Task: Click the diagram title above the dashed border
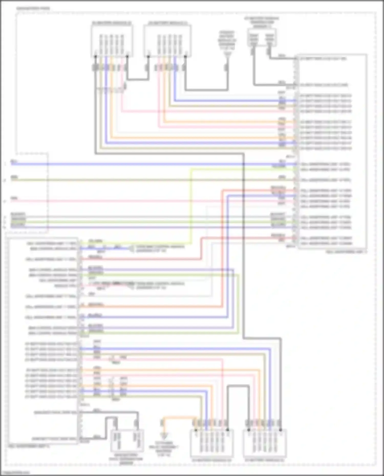click(x=33, y=8)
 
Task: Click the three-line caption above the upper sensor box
click(x=261, y=22)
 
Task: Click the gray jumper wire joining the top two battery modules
click(x=138, y=79)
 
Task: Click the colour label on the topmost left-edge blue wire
click(x=14, y=161)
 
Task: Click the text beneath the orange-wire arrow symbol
click(x=164, y=449)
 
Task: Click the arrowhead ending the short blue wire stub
click(x=131, y=248)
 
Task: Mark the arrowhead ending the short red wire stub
click(x=131, y=286)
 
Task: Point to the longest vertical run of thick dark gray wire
click(x=243, y=246)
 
